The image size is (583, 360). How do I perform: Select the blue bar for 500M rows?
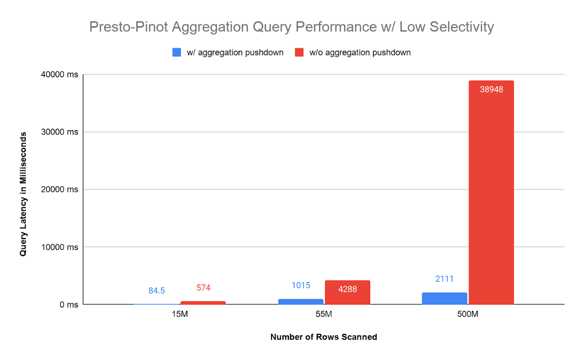[444, 298]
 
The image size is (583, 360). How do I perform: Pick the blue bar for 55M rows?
[301, 301]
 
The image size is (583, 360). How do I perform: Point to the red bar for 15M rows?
[203, 302]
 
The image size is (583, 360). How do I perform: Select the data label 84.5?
[157, 291]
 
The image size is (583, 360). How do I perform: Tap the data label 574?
[203, 287]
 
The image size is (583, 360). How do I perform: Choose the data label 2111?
[444, 279]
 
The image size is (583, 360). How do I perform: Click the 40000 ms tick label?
[60, 75]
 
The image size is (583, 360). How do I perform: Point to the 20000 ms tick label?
[60, 190]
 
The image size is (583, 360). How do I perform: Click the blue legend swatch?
[177, 52]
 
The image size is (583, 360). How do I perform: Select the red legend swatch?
[299, 52]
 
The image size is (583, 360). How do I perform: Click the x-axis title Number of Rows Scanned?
[324, 337]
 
